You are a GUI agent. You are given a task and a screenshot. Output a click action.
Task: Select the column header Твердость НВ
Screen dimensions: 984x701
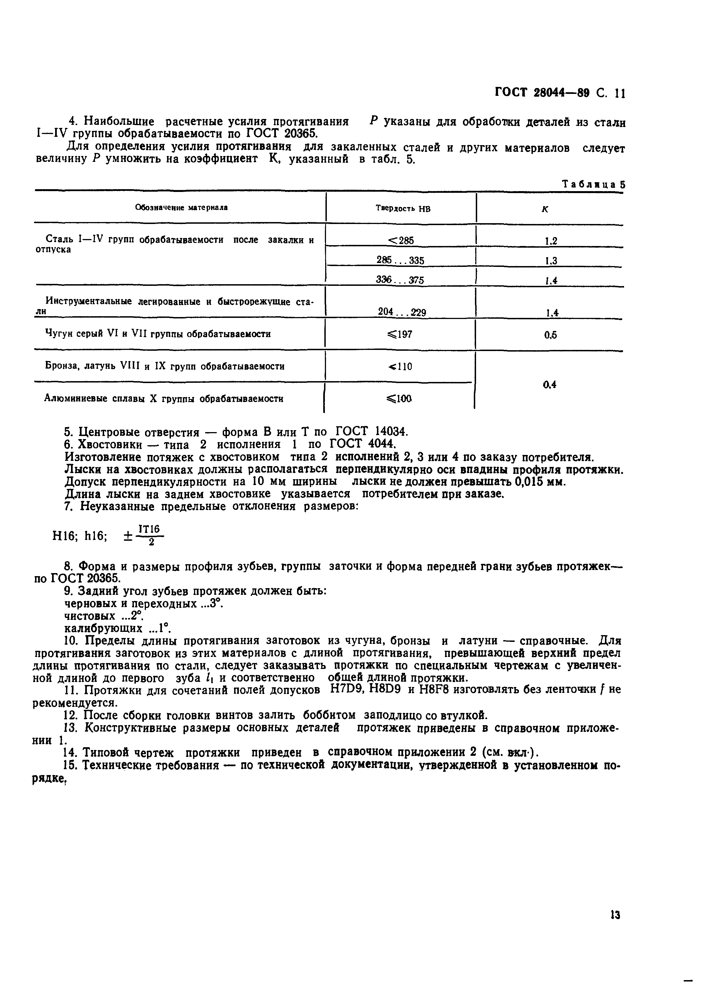coord(403,209)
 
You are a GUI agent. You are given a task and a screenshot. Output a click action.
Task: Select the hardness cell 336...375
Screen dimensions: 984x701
coord(400,280)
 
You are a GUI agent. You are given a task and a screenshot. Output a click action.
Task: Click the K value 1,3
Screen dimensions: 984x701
coord(551,261)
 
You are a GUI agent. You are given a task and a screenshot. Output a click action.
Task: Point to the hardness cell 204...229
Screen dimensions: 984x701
coord(401,312)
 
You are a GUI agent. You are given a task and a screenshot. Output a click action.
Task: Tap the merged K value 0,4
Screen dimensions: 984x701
coord(550,384)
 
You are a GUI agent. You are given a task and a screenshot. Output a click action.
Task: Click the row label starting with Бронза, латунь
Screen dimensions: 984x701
coord(165,367)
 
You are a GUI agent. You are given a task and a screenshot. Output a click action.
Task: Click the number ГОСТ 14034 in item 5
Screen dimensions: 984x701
coord(371,432)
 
